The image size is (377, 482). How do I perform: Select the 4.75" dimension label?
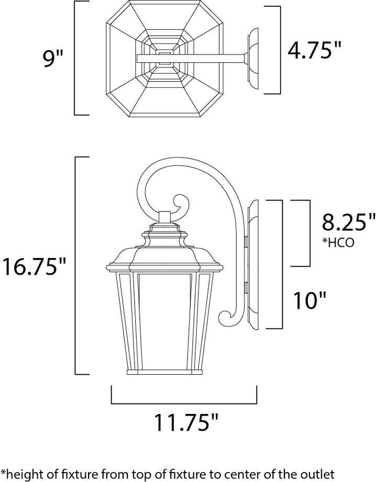(315, 50)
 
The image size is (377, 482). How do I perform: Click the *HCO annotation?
(338, 242)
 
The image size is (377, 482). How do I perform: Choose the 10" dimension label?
(309, 300)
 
